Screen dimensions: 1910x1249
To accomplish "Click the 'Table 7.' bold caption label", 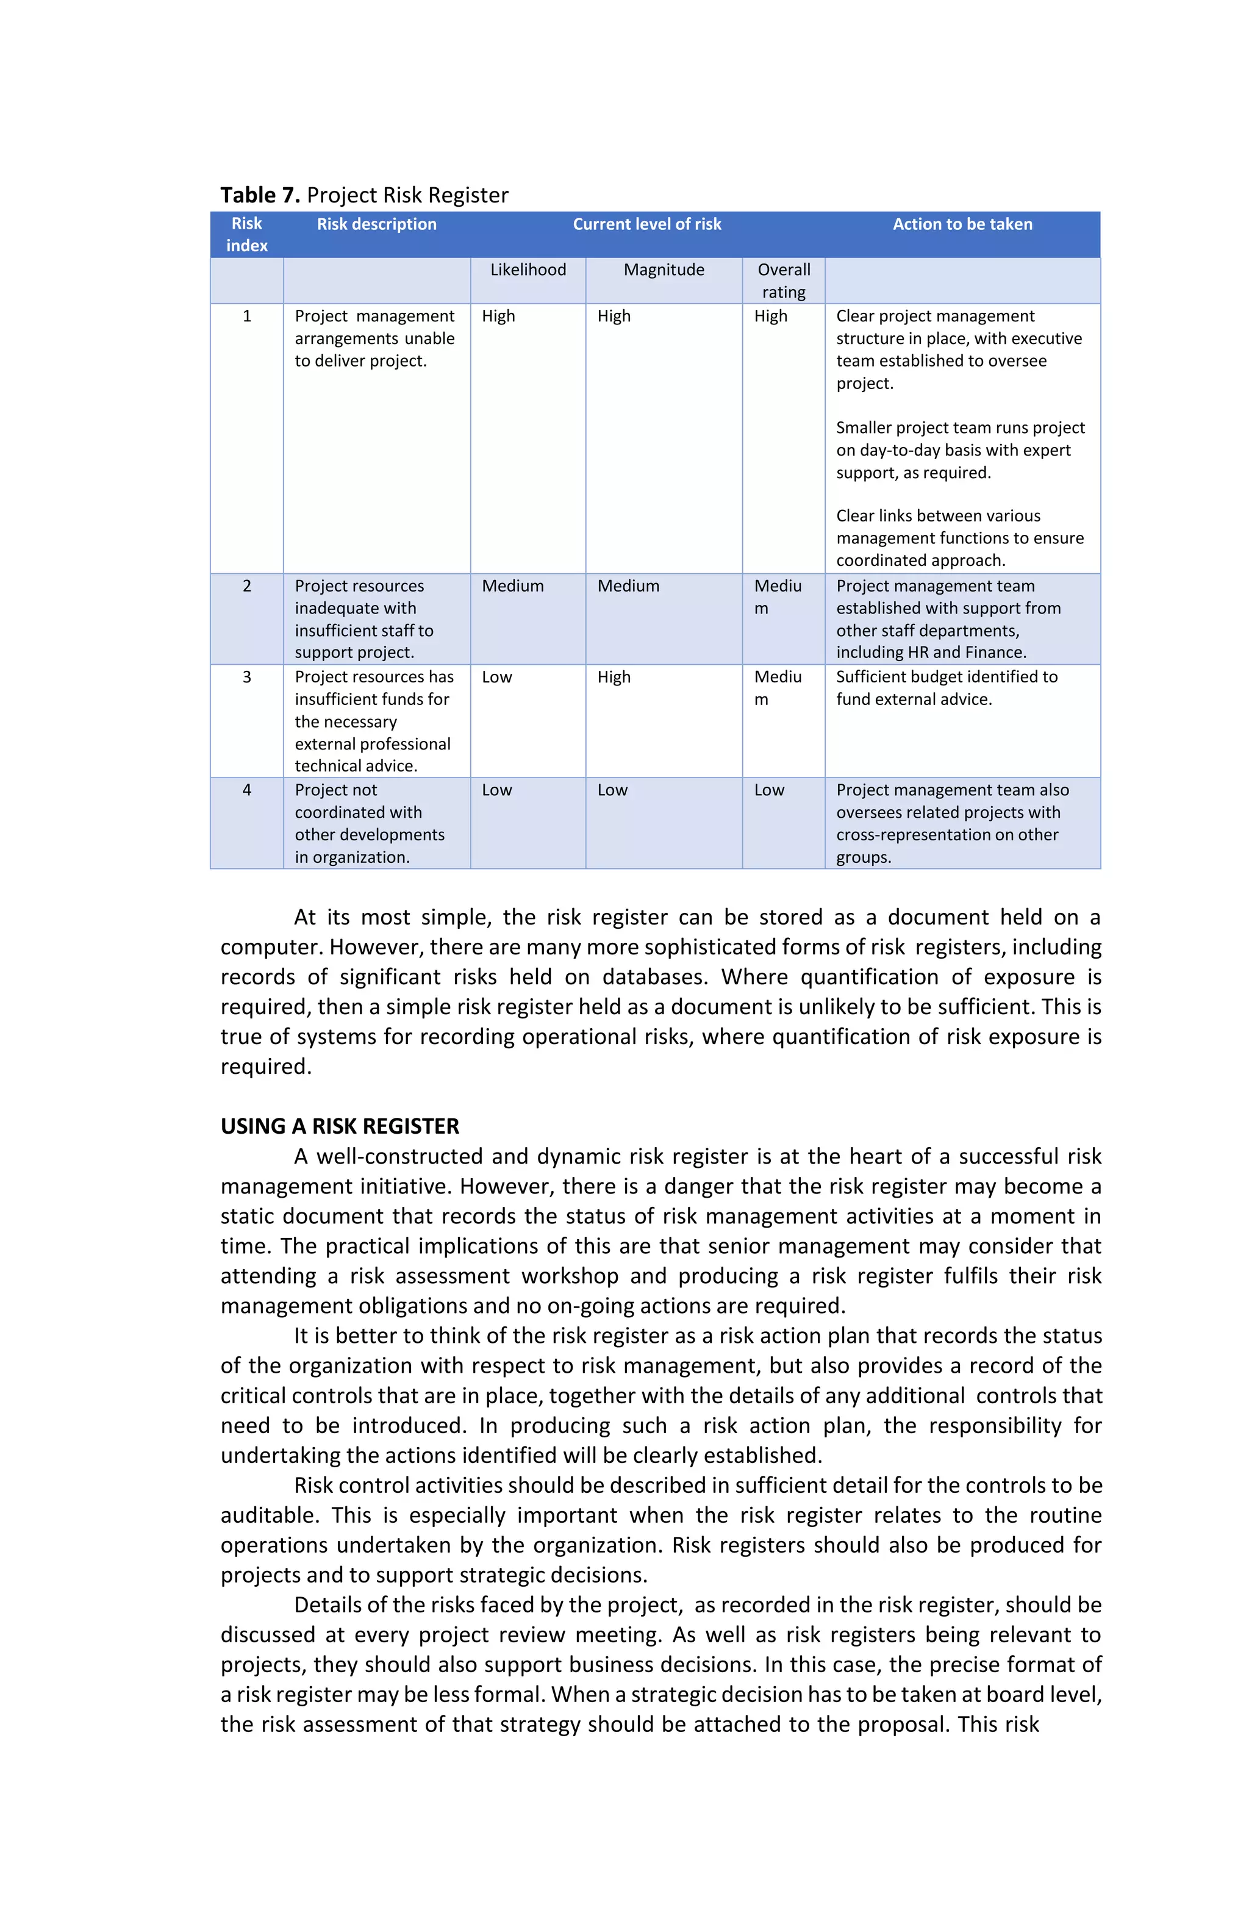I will pos(259,195).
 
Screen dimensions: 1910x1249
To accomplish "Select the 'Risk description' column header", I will pos(376,224).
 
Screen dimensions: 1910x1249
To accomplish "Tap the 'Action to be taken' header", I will pos(962,224).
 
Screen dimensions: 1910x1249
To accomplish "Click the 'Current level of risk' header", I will pos(646,224).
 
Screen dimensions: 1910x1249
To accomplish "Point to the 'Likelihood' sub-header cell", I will pos(528,270).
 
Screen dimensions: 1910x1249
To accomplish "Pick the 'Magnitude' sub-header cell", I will pos(663,270).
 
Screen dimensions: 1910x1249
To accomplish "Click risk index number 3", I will pos(246,676).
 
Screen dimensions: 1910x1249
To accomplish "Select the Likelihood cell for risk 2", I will pos(512,586).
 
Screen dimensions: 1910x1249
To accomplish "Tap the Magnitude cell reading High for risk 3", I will pos(614,676).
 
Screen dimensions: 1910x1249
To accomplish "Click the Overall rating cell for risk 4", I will pos(768,790).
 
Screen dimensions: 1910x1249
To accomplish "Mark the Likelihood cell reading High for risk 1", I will pos(498,316).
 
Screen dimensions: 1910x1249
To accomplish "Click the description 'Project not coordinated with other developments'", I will pos(368,823).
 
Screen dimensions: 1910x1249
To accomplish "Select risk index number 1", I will pos(246,316).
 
